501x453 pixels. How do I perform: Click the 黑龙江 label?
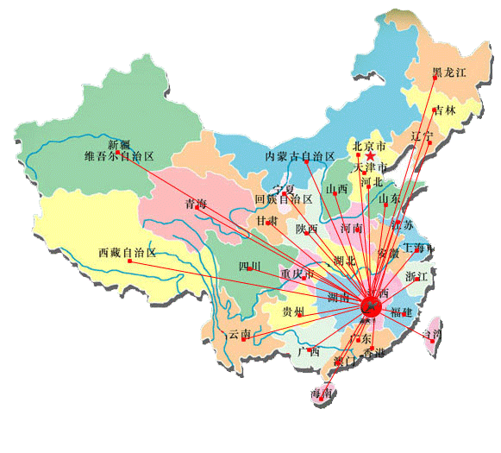tap(448, 72)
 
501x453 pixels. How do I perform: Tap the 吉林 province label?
tap(445, 110)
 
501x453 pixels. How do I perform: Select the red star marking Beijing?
tap(371, 157)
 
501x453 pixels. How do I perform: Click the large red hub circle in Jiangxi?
tap(373, 305)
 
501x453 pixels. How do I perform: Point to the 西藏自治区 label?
tap(128, 253)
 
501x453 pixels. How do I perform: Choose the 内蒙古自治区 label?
tap(299, 156)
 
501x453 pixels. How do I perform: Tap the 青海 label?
tap(196, 204)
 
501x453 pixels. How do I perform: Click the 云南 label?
tap(239, 334)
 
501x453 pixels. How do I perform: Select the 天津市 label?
tap(373, 167)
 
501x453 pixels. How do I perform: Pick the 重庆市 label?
tap(296, 274)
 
